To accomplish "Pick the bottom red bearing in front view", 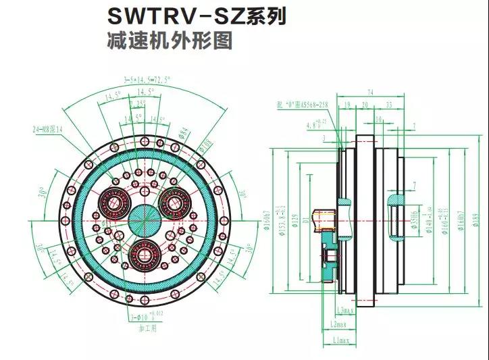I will coord(144,252).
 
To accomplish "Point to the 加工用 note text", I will coord(147,329).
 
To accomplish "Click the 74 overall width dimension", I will coord(370,92).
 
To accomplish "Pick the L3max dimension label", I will coord(345,310).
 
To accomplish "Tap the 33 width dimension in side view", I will coord(389,105).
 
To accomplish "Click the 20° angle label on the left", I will coord(42,196).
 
